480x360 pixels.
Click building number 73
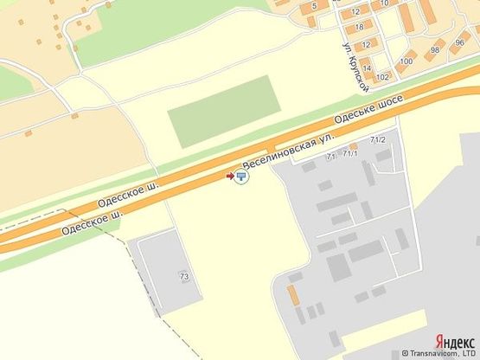click(x=184, y=276)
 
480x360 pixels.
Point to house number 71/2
click(x=377, y=139)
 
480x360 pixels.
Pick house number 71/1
click(x=350, y=153)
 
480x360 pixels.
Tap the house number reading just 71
click(x=330, y=157)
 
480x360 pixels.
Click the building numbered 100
click(x=406, y=61)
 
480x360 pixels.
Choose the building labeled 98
click(x=434, y=50)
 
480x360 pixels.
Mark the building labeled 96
click(x=459, y=42)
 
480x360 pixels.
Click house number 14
click(x=367, y=68)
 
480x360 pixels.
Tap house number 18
click(x=357, y=27)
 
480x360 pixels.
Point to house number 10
click(x=382, y=3)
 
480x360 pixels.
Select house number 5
click(x=314, y=4)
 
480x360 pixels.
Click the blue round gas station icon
click(x=240, y=177)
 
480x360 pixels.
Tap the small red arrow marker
click(x=230, y=177)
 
